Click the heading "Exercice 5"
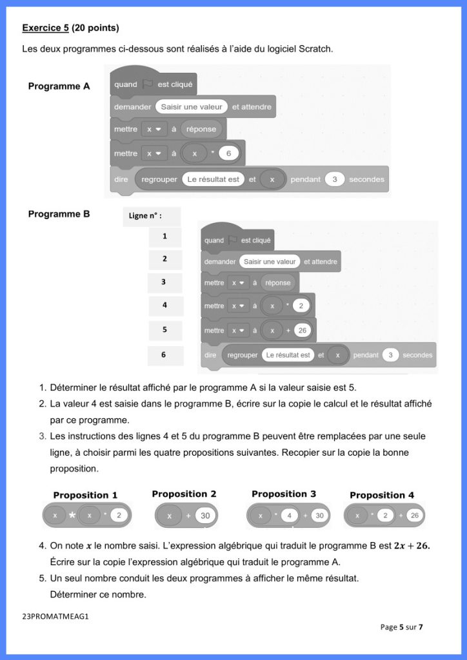point(45,28)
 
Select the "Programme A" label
point(59,86)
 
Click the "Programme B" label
point(59,214)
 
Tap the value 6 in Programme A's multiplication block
point(228,153)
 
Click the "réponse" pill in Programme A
point(201,129)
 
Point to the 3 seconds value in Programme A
point(334,179)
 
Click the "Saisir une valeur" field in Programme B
point(270,262)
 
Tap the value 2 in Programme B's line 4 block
point(300,306)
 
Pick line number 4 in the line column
point(164,306)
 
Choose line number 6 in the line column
point(164,354)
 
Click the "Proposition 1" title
point(85,495)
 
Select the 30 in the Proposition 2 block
point(205,516)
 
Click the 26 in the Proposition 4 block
point(414,516)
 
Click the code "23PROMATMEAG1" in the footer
point(55,616)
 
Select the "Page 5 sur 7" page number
point(401,626)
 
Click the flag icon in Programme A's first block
point(147,84)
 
